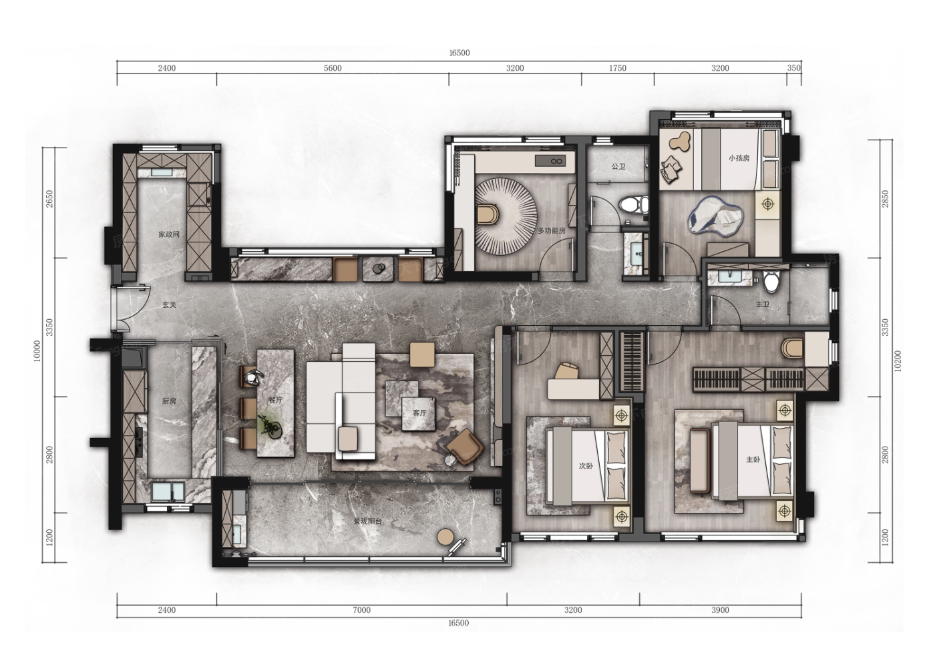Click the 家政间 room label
pyautogui.click(x=168, y=234)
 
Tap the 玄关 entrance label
pyautogui.click(x=169, y=305)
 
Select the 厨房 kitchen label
pyautogui.click(x=169, y=401)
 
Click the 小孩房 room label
pyautogui.click(x=739, y=158)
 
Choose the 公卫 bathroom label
pyautogui.click(x=618, y=166)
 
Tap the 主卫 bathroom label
pyautogui.click(x=762, y=304)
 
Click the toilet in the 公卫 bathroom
pyautogui.click(x=634, y=204)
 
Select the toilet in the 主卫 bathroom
pyautogui.click(x=771, y=282)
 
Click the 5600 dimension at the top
pyautogui.click(x=333, y=68)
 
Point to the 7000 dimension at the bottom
pyautogui.click(x=361, y=610)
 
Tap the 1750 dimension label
pyautogui.click(x=617, y=68)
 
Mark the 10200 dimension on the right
pyautogui.click(x=898, y=361)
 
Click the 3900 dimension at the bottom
pyautogui.click(x=720, y=610)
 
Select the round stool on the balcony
pyautogui.click(x=445, y=537)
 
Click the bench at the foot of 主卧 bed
pyautogui.click(x=700, y=460)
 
